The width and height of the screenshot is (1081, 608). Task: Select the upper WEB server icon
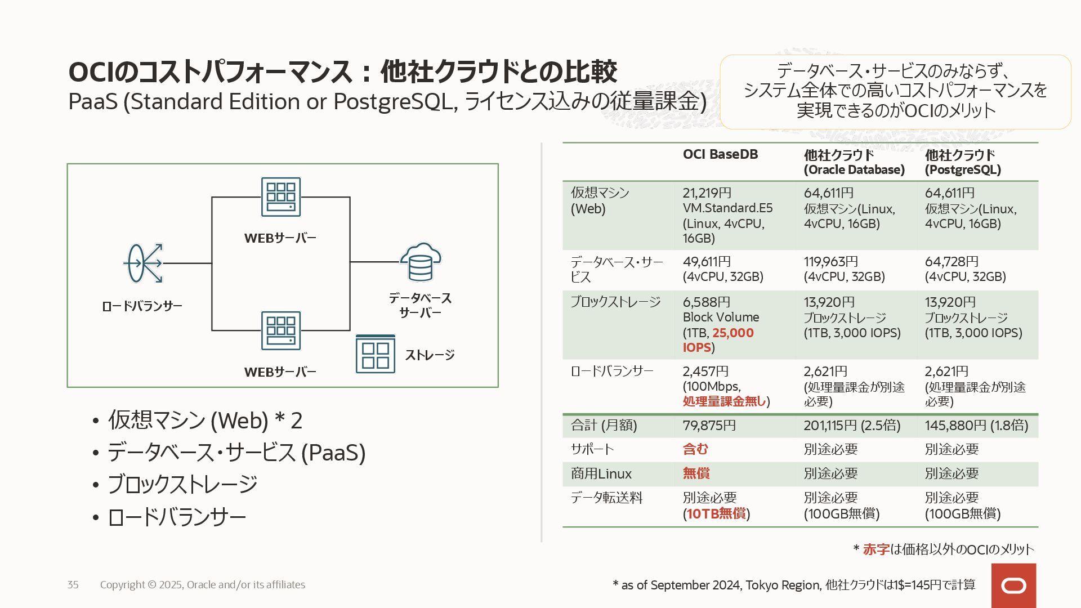(280, 197)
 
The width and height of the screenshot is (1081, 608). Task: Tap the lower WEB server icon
(280, 330)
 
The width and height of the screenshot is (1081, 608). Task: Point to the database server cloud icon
(421, 262)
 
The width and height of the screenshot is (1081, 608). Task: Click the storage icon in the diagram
(375, 354)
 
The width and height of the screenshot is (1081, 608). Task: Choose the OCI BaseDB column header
(720, 154)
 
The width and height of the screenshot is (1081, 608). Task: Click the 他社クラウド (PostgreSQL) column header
(962, 162)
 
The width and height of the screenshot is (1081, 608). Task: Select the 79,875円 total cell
(709, 426)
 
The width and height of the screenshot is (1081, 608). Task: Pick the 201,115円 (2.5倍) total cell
(852, 426)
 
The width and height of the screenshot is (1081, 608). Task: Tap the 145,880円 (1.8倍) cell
(976, 426)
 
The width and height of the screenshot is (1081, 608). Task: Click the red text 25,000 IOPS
(718, 340)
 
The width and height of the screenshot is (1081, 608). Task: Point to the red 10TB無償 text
(716, 513)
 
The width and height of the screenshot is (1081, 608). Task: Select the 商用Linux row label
(601, 474)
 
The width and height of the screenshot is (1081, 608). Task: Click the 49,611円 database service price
(707, 262)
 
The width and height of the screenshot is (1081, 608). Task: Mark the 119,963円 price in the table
(830, 262)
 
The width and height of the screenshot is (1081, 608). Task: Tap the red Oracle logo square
(1013, 585)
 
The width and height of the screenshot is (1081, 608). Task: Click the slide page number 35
(73, 585)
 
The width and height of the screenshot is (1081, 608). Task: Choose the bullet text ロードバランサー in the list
(177, 517)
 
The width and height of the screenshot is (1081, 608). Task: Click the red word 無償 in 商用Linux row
(696, 473)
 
